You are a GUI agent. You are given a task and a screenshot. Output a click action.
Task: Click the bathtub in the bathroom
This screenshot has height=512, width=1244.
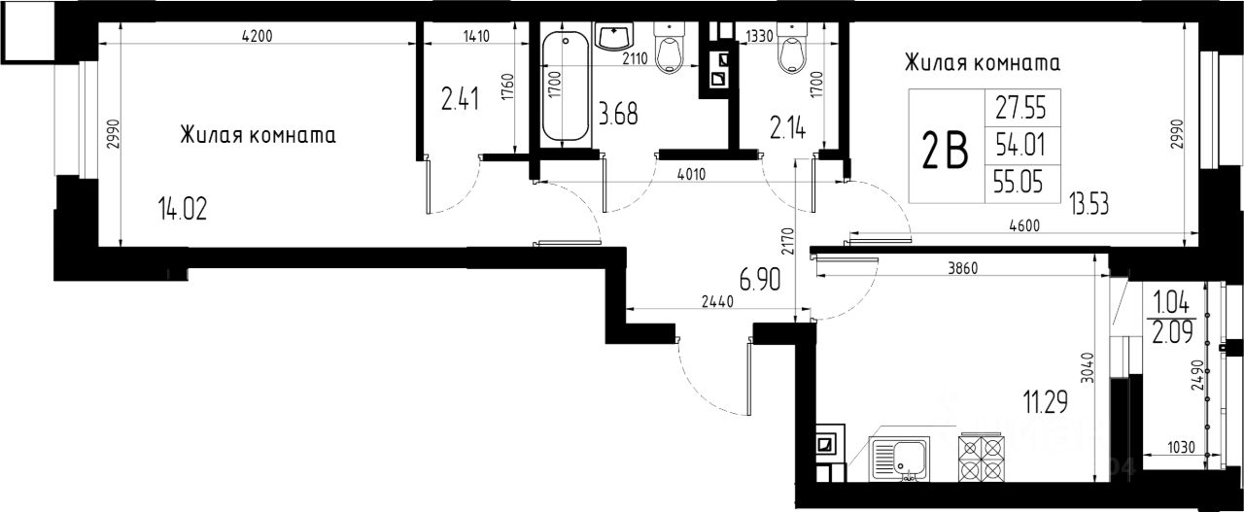[565, 86]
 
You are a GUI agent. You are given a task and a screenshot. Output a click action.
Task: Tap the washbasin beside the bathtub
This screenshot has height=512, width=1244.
[614, 36]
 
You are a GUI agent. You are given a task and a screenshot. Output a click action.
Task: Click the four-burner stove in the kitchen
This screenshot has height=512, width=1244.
[982, 458]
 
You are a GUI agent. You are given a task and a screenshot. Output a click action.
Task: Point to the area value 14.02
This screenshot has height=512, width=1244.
[183, 210]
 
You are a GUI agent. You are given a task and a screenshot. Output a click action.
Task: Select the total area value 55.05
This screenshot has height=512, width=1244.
[1019, 181]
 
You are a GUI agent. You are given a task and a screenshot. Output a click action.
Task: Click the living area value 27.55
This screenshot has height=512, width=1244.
[1020, 108]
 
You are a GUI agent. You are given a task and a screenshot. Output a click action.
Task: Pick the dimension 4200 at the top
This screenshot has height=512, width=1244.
[258, 36]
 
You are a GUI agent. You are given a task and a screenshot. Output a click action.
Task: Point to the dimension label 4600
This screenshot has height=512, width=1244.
[1024, 225]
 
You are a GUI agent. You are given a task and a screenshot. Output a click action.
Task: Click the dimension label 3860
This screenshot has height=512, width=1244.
[962, 269]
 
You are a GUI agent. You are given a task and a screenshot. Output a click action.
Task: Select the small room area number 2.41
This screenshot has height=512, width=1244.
[461, 99]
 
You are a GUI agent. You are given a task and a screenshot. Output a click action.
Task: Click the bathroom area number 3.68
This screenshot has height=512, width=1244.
[618, 114]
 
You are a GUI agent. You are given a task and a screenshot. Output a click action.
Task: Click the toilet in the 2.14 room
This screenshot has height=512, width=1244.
[792, 48]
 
